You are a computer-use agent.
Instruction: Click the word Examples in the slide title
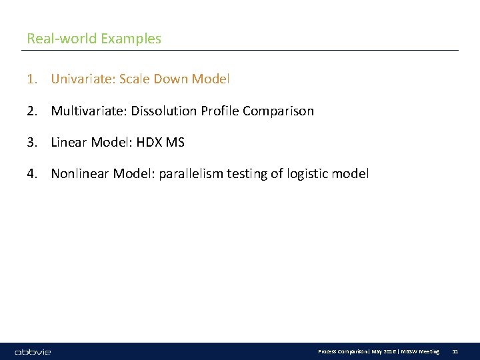(x=131, y=39)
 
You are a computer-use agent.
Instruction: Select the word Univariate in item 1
(x=79, y=79)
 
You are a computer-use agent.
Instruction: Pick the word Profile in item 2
(x=218, y=111)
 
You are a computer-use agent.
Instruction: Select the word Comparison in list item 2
(x=278, y=111)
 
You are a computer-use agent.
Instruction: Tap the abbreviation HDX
(x=147, y=143)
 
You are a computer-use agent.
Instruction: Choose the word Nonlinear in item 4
(x=80, y=175)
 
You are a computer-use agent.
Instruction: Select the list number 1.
(x=31, y=79)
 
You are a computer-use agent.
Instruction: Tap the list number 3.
(x=31, y=143)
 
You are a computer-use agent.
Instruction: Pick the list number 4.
(x=31, y=175)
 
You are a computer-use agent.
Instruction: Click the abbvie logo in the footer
(x=33, y=351)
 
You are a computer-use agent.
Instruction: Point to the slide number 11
(x=455, y=351)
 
